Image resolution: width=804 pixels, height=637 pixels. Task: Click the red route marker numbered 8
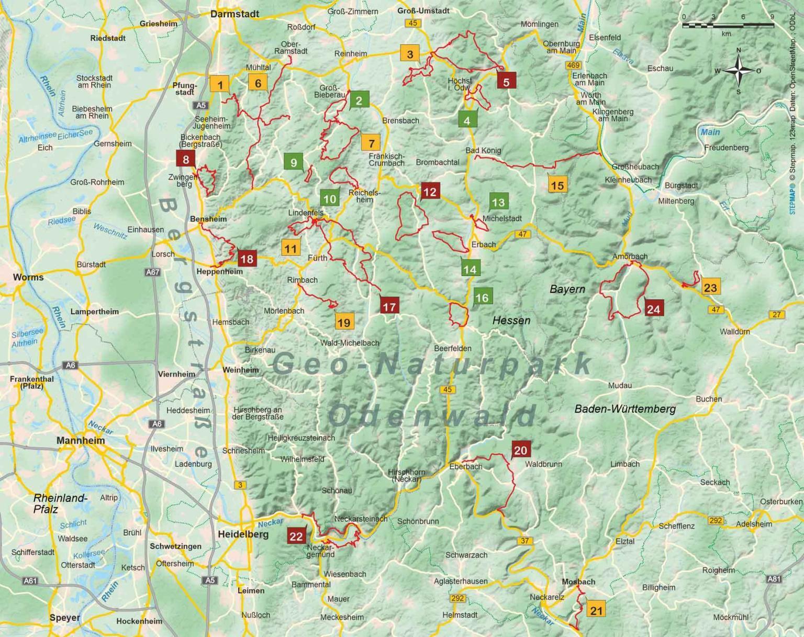pos(185,159)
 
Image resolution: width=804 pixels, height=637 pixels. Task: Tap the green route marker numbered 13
pos(498,202)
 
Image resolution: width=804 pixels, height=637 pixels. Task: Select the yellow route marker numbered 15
pos(557,185)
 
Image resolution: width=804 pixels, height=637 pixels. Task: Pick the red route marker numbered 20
pos(520,450)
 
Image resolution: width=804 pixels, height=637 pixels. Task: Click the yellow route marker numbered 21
pos(596,610)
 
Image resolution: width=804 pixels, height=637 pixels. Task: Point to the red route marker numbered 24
pos(653,309)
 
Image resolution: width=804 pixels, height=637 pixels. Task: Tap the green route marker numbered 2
pos(359,100)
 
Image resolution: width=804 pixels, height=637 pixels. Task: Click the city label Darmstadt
pos(234,14)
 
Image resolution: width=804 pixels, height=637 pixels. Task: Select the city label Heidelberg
pos(243,534)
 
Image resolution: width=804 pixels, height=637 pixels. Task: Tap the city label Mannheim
pos(81,441)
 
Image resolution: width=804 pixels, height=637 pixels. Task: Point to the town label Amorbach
pos(630,257)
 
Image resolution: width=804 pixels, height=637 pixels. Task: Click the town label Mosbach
pos(578,582)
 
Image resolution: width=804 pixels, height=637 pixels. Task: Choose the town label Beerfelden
pos(452,348)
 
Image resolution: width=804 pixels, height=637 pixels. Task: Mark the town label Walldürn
pos(735,332)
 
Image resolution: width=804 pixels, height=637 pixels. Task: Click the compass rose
pos(739,71)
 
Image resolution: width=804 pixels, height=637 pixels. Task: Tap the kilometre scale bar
pos(728,24)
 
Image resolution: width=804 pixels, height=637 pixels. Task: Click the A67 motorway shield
pos(152,272)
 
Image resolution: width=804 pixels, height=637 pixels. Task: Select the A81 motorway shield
pos(774,579)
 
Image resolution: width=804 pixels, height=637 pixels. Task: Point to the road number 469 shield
pos(573,65)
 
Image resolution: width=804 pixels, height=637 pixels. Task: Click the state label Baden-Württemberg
pos(625,409)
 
